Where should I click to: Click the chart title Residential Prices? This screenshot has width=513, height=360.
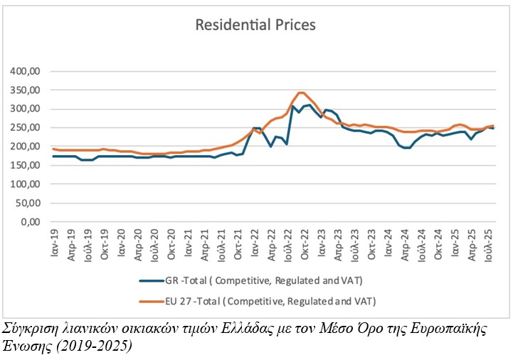[255, 25]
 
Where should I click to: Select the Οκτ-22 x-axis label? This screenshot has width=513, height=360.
[304, 244]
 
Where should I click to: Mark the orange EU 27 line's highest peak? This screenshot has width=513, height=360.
[301, 92]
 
